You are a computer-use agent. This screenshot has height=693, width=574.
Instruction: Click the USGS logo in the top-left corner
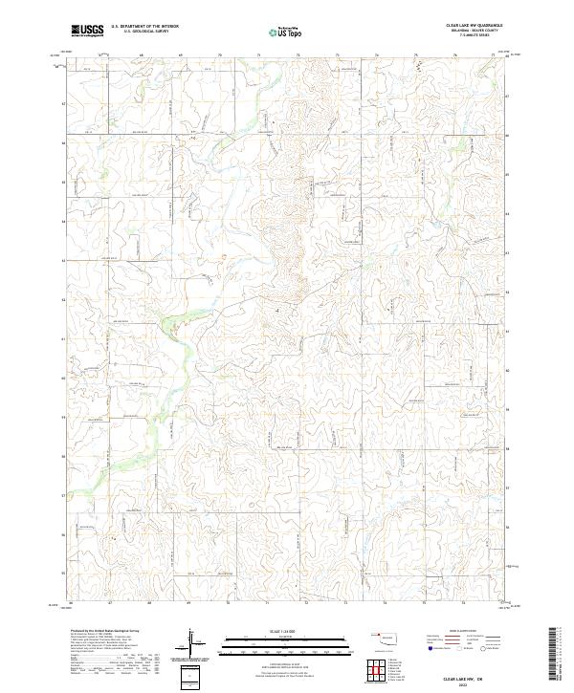tap(87, 31)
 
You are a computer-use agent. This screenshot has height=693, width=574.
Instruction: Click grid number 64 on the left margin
tap(64, 222)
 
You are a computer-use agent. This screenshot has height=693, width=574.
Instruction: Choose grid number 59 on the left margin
tap(64, 418)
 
